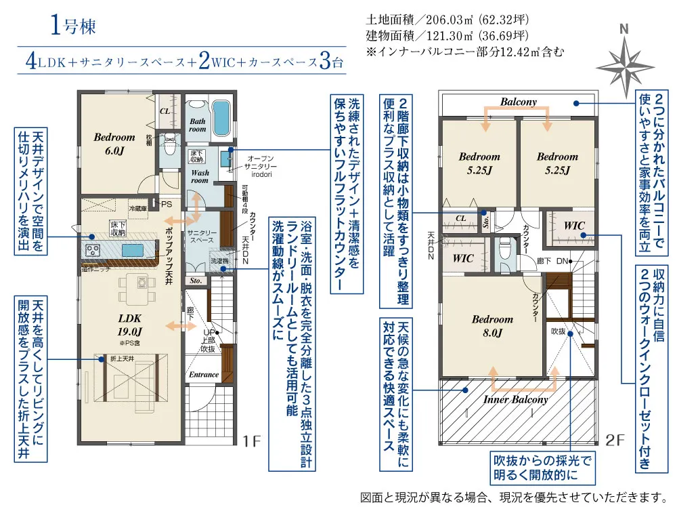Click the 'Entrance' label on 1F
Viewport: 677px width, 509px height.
[x=204, y=374]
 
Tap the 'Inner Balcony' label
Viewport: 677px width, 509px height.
[x=515, y=399]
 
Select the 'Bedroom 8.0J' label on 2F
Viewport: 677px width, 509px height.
[x=492, y=325]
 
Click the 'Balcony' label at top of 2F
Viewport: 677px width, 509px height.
[x=519, y=102]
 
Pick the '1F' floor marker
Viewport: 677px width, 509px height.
[x=251, y=441]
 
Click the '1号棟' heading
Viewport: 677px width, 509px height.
[x=72, y=26]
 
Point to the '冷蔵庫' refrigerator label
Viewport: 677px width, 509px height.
[x=137, y=209]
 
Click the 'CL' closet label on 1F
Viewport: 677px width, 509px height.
[x=165, y=110]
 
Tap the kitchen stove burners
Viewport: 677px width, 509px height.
[x=93, y=249]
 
